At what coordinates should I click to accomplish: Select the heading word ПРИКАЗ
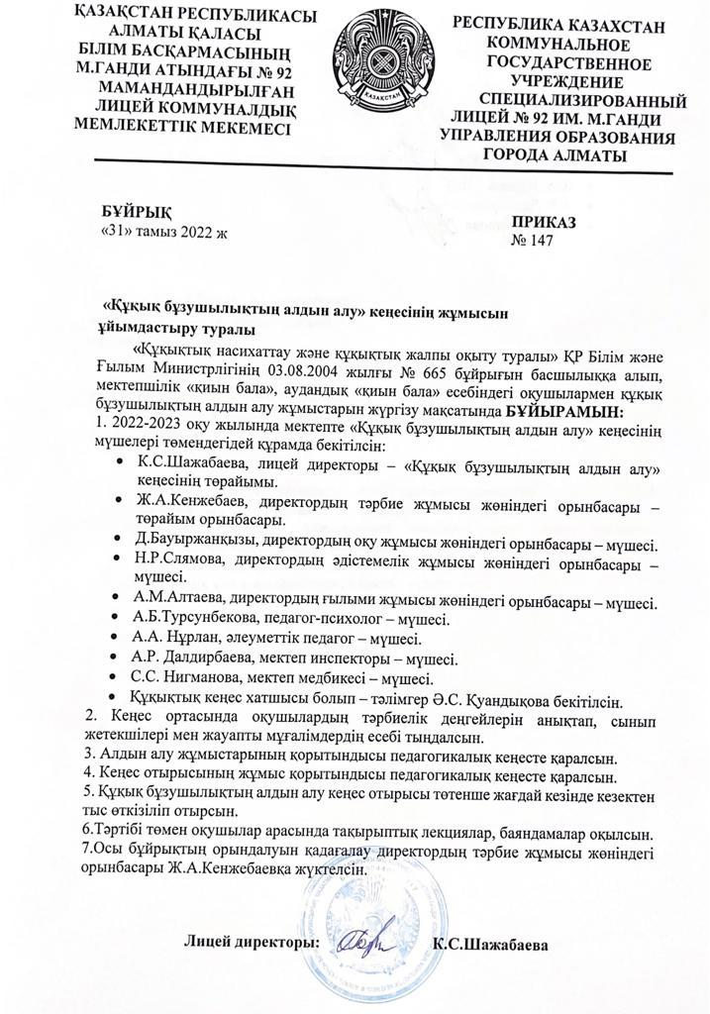(x=544, y=223)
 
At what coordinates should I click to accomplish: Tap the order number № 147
(x=533, y=241)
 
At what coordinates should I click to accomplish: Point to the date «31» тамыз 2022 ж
(x=163, y=234)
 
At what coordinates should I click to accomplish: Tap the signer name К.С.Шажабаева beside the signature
(x=490, y=944)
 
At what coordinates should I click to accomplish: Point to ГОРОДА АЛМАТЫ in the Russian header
(x=555, y=154)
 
